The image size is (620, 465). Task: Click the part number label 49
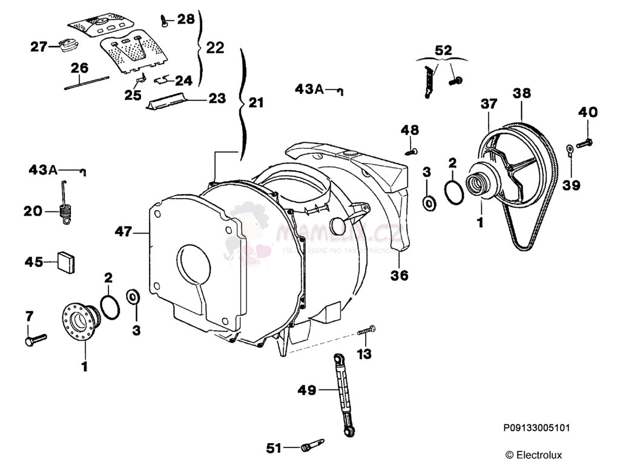(307, 390)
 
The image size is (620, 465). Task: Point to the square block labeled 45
(67, 261)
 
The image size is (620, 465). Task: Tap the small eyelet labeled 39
(570, 147)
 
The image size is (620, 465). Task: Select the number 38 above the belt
(521, 93)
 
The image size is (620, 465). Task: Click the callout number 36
(399, 275)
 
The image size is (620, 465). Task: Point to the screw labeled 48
(412, 149)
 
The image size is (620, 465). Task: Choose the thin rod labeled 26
(87, 83)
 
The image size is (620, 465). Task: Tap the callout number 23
(216, 97)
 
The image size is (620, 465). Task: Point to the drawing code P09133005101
(536, 428)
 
